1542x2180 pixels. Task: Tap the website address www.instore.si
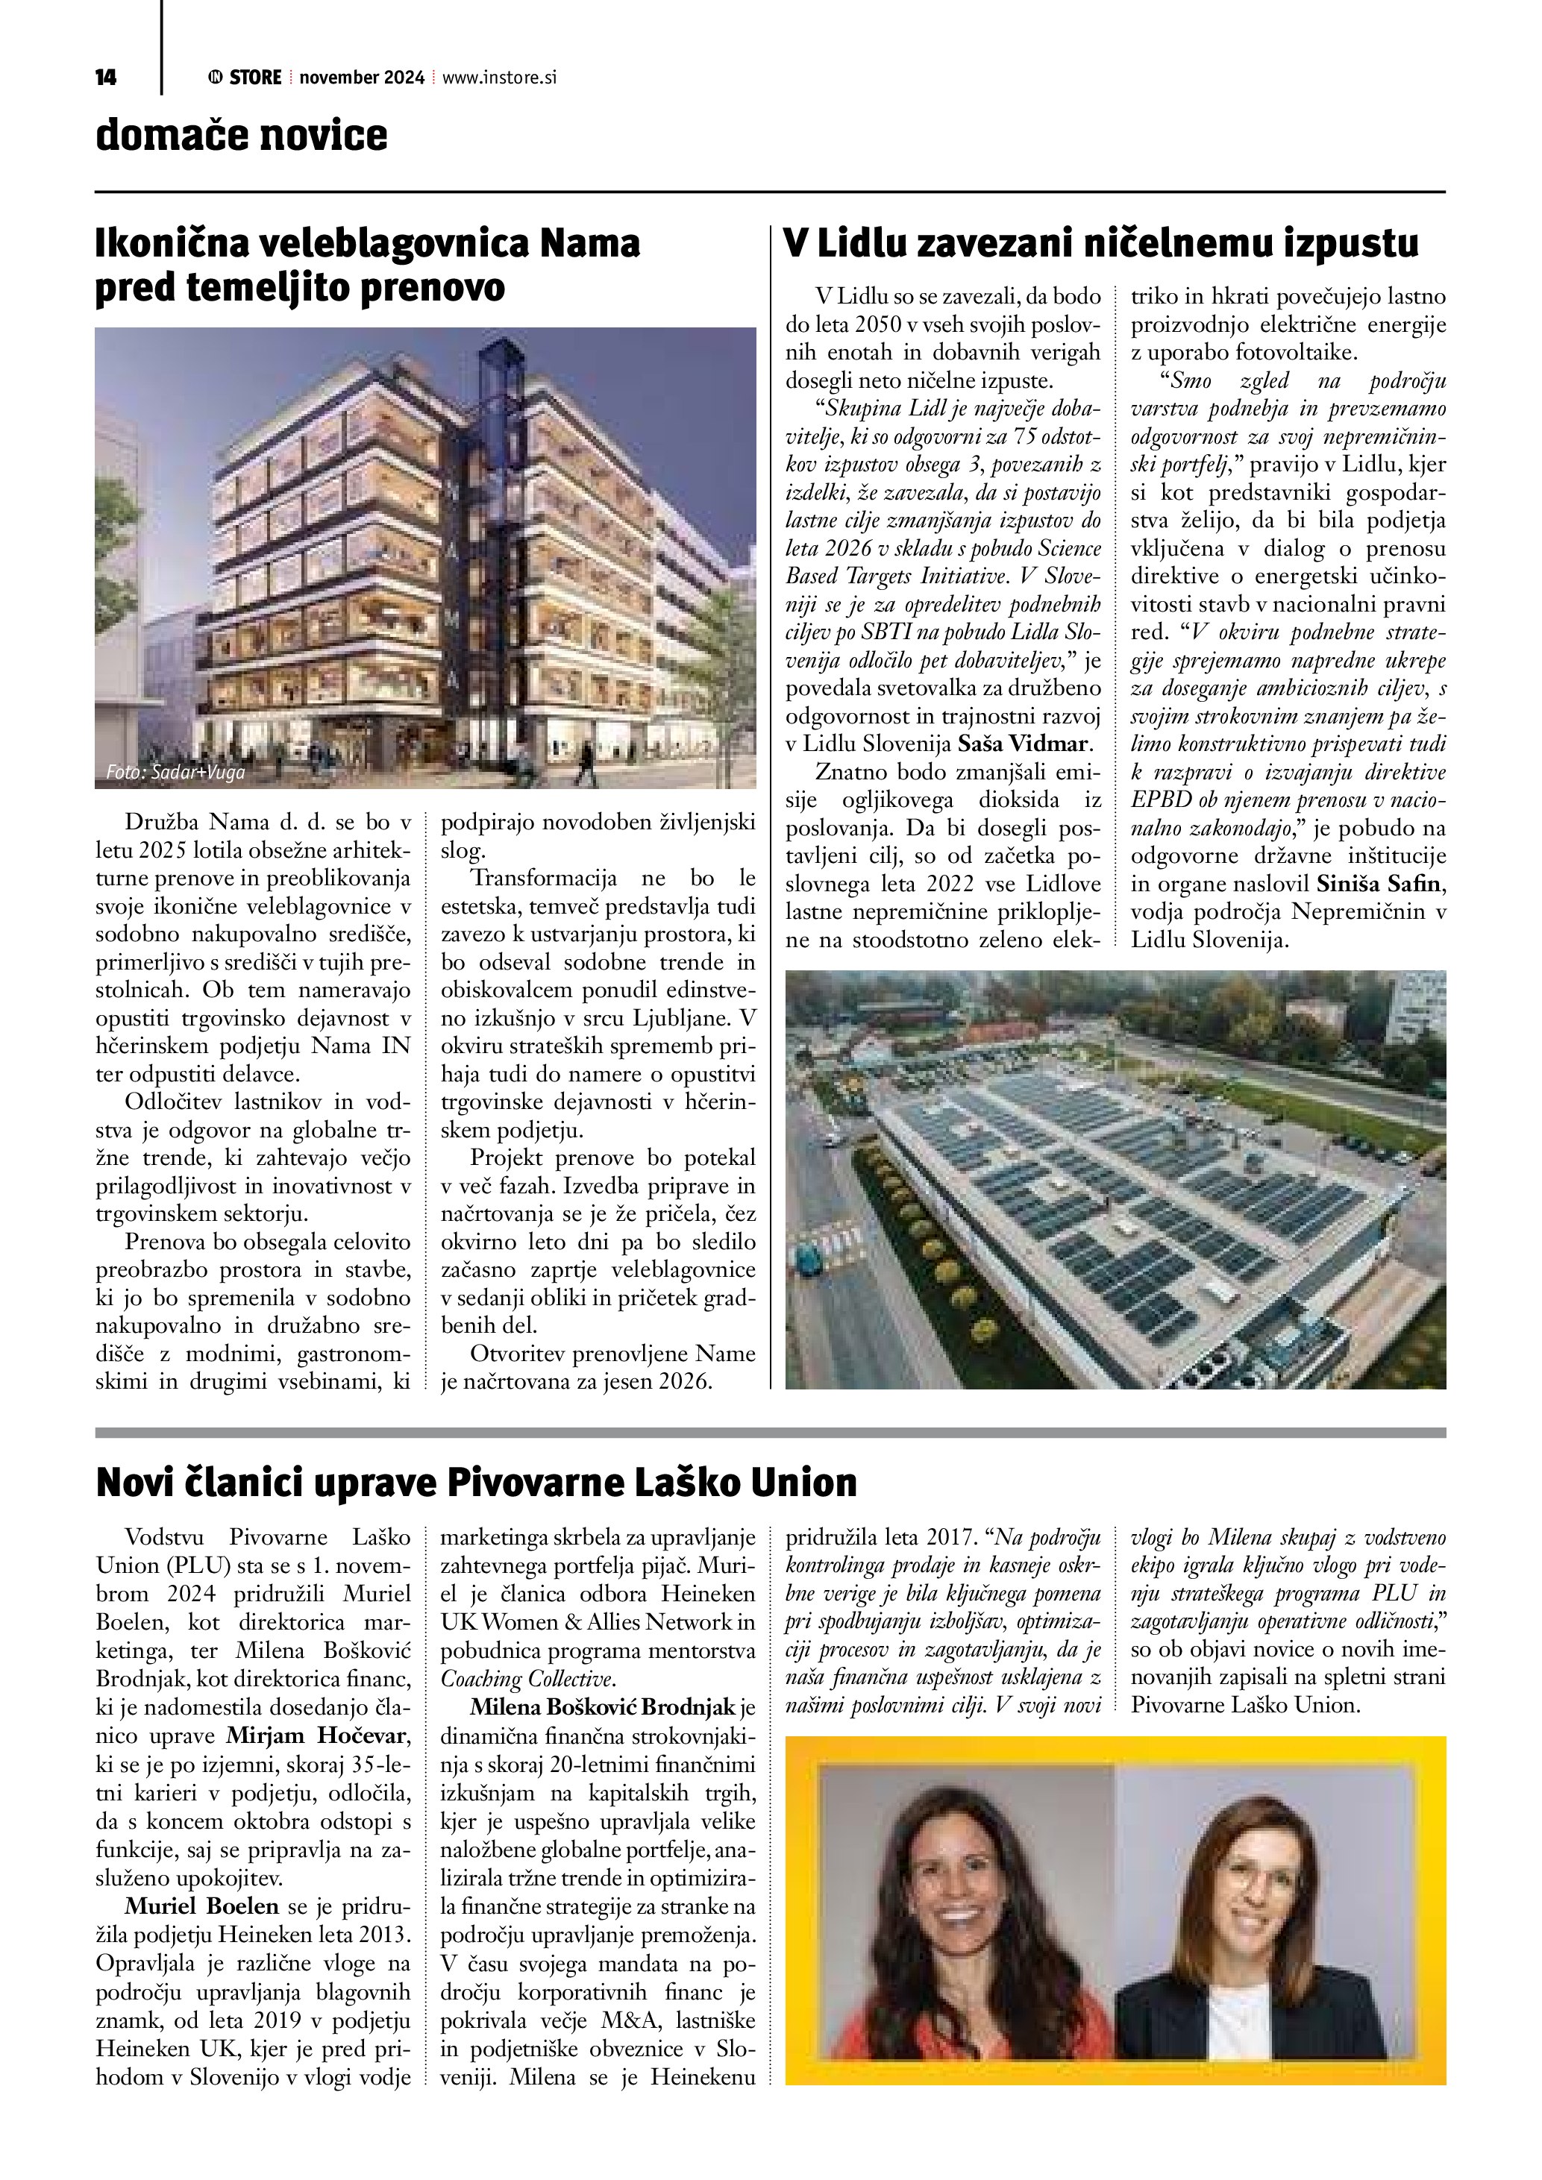pos(498,78)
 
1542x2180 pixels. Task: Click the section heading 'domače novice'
pos(241,136)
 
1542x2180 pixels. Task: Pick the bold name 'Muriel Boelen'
pos(201,1906)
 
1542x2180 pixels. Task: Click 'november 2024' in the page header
pos(362,78)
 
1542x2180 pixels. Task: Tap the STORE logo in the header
pos(245,78)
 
